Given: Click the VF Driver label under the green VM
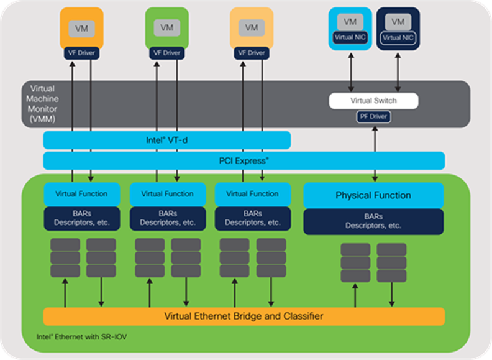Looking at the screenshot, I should (x=166, y=53).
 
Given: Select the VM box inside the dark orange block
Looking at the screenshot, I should (x=81, y=28).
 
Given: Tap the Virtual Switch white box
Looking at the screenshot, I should (x=373, y=101).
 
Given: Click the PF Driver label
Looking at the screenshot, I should (x=373, y=116).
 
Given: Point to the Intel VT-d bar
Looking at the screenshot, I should (x=166, y=141).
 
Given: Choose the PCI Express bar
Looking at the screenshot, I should (x=244, y=160).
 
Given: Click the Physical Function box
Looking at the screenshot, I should (x=373, y=195).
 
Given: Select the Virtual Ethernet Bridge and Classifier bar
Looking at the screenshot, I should (x=244, y=316).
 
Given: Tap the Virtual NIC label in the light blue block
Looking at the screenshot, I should (x=350, y=37).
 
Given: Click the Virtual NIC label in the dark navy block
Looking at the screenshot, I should (x=398, y=37).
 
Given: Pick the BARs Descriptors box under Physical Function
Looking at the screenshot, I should (x=373, y=221).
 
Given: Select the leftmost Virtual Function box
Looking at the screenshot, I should (x=81, y=194).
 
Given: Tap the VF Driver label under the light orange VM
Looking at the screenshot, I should (x=252, y=53).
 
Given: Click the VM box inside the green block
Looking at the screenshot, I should (x=166, y=28).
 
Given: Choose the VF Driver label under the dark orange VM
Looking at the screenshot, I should (x=81, y=53).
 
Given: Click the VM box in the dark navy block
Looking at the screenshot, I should (x=398, y=22).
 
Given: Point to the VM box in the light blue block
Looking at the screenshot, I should (x=350, y=22).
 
